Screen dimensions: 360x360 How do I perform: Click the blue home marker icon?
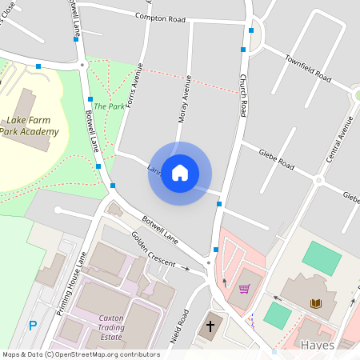click(x=180, y=173)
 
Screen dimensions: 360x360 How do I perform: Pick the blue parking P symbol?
click(x=33, y=325)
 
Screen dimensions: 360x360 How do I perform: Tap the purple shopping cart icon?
click(x=244, y=289)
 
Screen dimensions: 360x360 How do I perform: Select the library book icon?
click(x=316, y=302)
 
